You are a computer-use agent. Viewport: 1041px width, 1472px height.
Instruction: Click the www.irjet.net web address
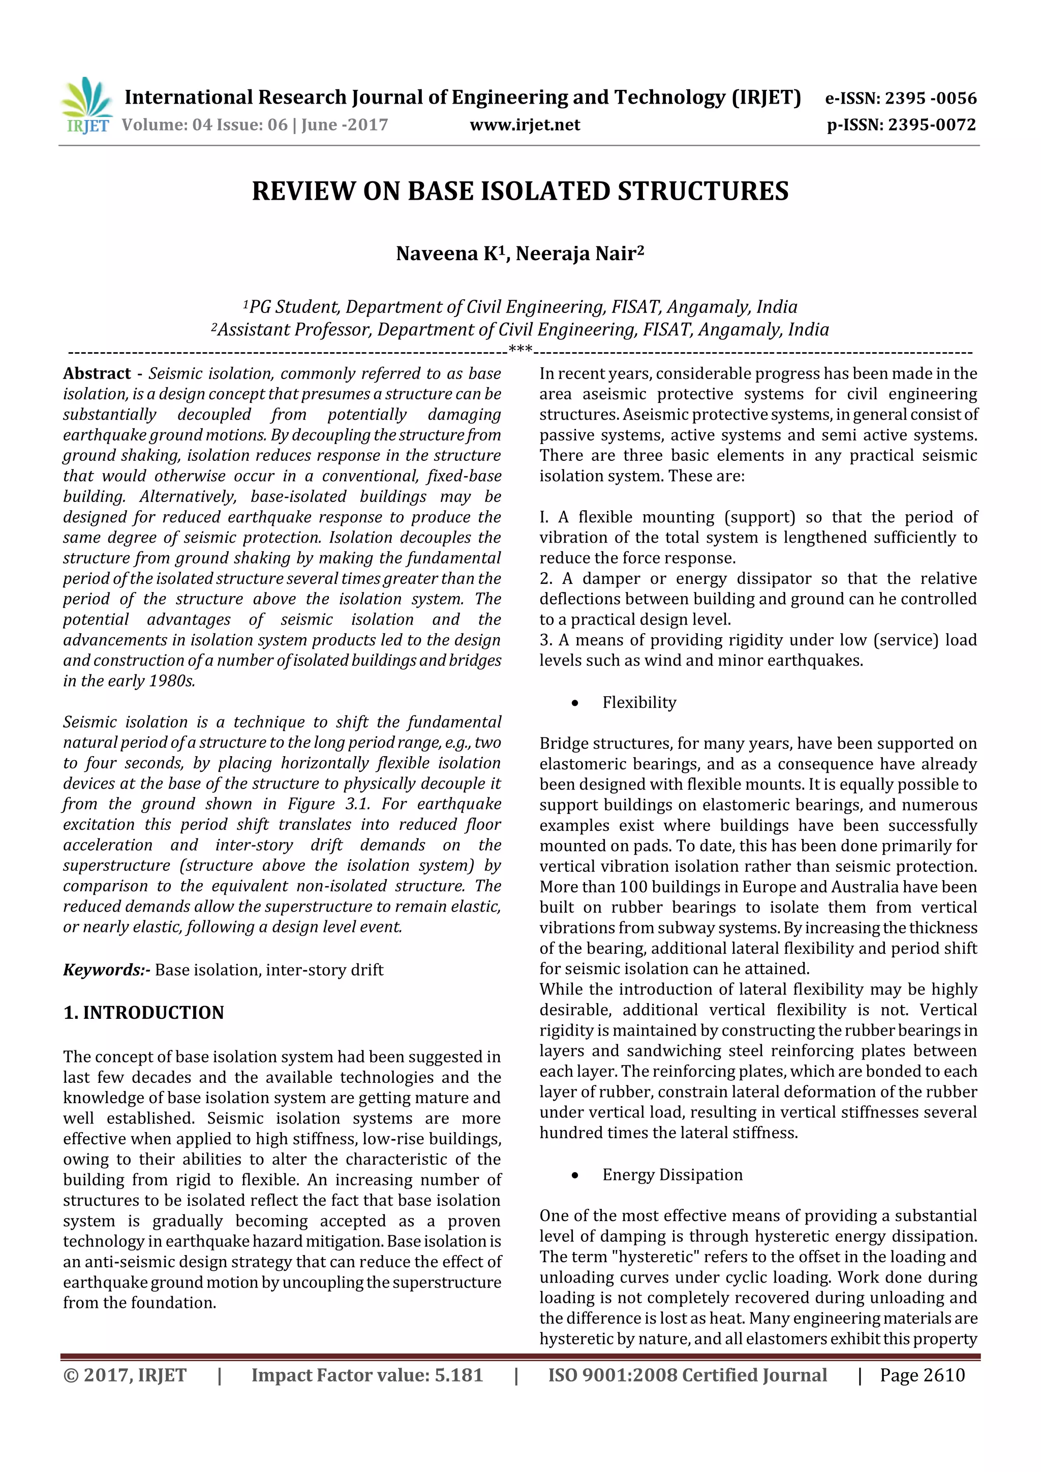(x=524, y=125)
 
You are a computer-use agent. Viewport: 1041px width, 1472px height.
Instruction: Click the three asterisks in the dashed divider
(x=519, y=350)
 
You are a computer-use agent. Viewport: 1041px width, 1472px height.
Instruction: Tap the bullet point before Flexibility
(x=575, y=703)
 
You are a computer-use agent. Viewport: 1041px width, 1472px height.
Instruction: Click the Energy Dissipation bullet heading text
(x=671, y=1175)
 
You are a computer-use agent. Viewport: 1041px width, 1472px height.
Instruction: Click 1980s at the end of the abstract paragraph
(x=171, y=681)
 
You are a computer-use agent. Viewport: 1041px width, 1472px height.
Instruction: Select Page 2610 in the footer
(x=922, y=1374)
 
